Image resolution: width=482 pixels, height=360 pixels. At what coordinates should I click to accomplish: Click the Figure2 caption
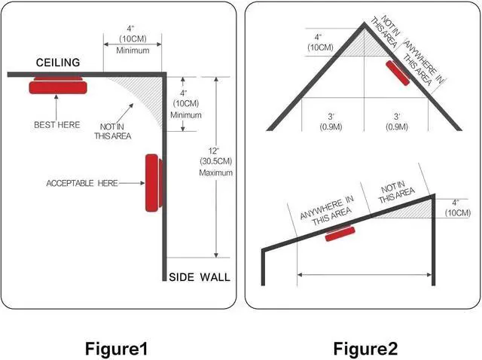click(x=367, y=349)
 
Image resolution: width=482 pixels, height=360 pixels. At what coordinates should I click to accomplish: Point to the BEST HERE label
click(x=56, y=124)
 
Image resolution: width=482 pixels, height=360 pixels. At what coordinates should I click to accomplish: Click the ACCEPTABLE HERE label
click(x=82, y=183)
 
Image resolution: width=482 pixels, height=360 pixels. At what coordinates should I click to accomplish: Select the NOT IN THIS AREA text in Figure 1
click(x=112, y=131)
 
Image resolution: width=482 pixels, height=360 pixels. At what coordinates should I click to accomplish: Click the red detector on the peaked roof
click(x=398, y=75)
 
